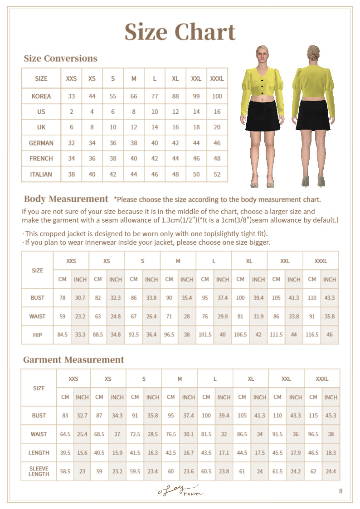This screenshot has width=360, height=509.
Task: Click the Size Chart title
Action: coord(180,32)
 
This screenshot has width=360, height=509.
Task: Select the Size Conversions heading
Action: coord(60,58)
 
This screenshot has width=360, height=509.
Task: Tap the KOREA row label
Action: coord(41,96)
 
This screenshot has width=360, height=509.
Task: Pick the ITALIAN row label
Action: coord(41,174)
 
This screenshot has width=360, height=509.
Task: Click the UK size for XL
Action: coord(175,127)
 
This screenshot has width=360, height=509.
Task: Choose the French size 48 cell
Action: coord(217,159)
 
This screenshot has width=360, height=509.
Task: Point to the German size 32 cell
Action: coord(71,143)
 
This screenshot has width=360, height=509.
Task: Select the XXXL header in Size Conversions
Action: coord(217,78)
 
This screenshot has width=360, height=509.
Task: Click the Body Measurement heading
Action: coord(66,199)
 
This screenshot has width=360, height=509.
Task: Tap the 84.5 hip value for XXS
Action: coord(62,334)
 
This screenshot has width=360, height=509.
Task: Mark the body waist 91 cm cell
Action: coord(312,316)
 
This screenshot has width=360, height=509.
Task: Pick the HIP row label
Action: coord(38,334)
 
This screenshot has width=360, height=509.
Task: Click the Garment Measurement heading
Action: coord(73,360)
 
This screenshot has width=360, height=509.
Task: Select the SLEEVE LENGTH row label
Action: coord(39,471)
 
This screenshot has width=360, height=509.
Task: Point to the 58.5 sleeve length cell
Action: coord(65,471)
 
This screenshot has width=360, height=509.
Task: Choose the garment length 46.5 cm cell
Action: coord(313,453)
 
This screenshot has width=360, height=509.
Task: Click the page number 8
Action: coord(341,491)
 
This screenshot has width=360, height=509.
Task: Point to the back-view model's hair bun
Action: coord(313,58)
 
